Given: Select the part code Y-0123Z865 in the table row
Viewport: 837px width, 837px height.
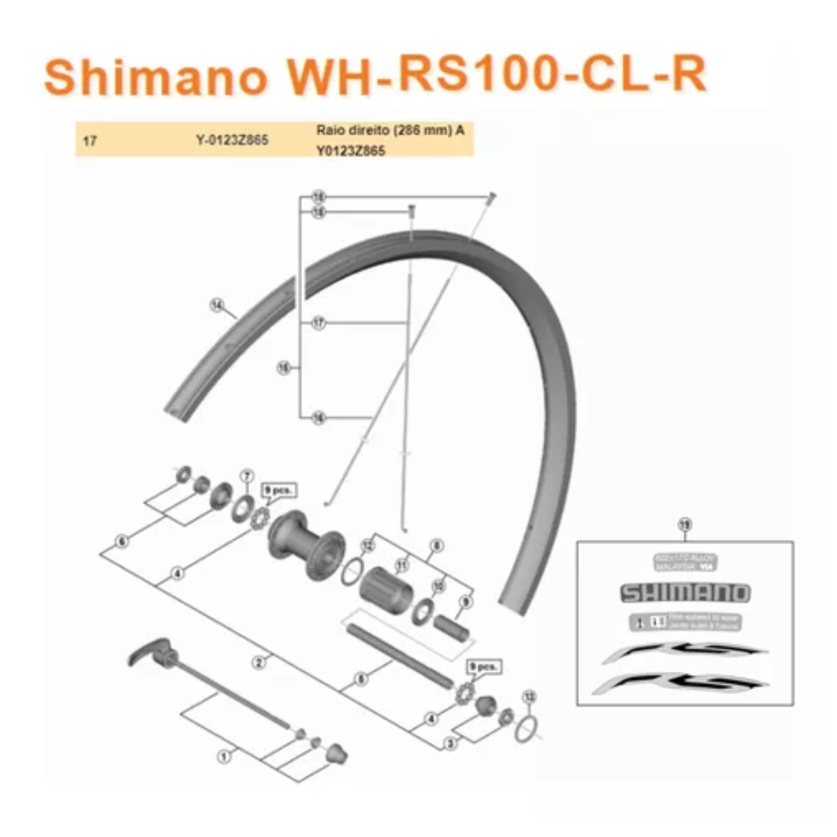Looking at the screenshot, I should pos(232,141).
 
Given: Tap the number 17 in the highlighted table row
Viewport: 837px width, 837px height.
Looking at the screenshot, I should pos(89,141).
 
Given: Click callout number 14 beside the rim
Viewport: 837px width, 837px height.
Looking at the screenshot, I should pos(218,305).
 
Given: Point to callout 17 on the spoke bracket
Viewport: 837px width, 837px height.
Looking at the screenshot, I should pos(319,323).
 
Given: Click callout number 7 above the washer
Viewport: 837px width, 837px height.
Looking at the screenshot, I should pos(246,476).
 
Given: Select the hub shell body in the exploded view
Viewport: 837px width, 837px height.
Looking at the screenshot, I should pos(306,541).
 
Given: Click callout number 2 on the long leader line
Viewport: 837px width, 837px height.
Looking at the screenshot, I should pos(259,661).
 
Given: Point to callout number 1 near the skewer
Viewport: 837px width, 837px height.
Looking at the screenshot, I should pos(224,755).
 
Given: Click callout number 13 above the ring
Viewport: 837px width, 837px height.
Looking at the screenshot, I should pos(529,696).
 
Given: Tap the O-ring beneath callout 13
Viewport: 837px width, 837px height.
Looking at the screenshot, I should pos(527,730).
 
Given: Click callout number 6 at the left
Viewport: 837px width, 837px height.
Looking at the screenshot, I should pos(123,541).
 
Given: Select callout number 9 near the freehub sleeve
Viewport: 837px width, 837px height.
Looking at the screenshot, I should pos(466,601).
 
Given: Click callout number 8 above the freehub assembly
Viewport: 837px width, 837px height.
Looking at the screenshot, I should pos(437,545).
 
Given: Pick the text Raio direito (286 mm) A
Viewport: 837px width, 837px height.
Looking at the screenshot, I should pos(390,130).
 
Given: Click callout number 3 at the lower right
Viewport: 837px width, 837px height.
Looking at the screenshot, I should pos(451,744).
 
